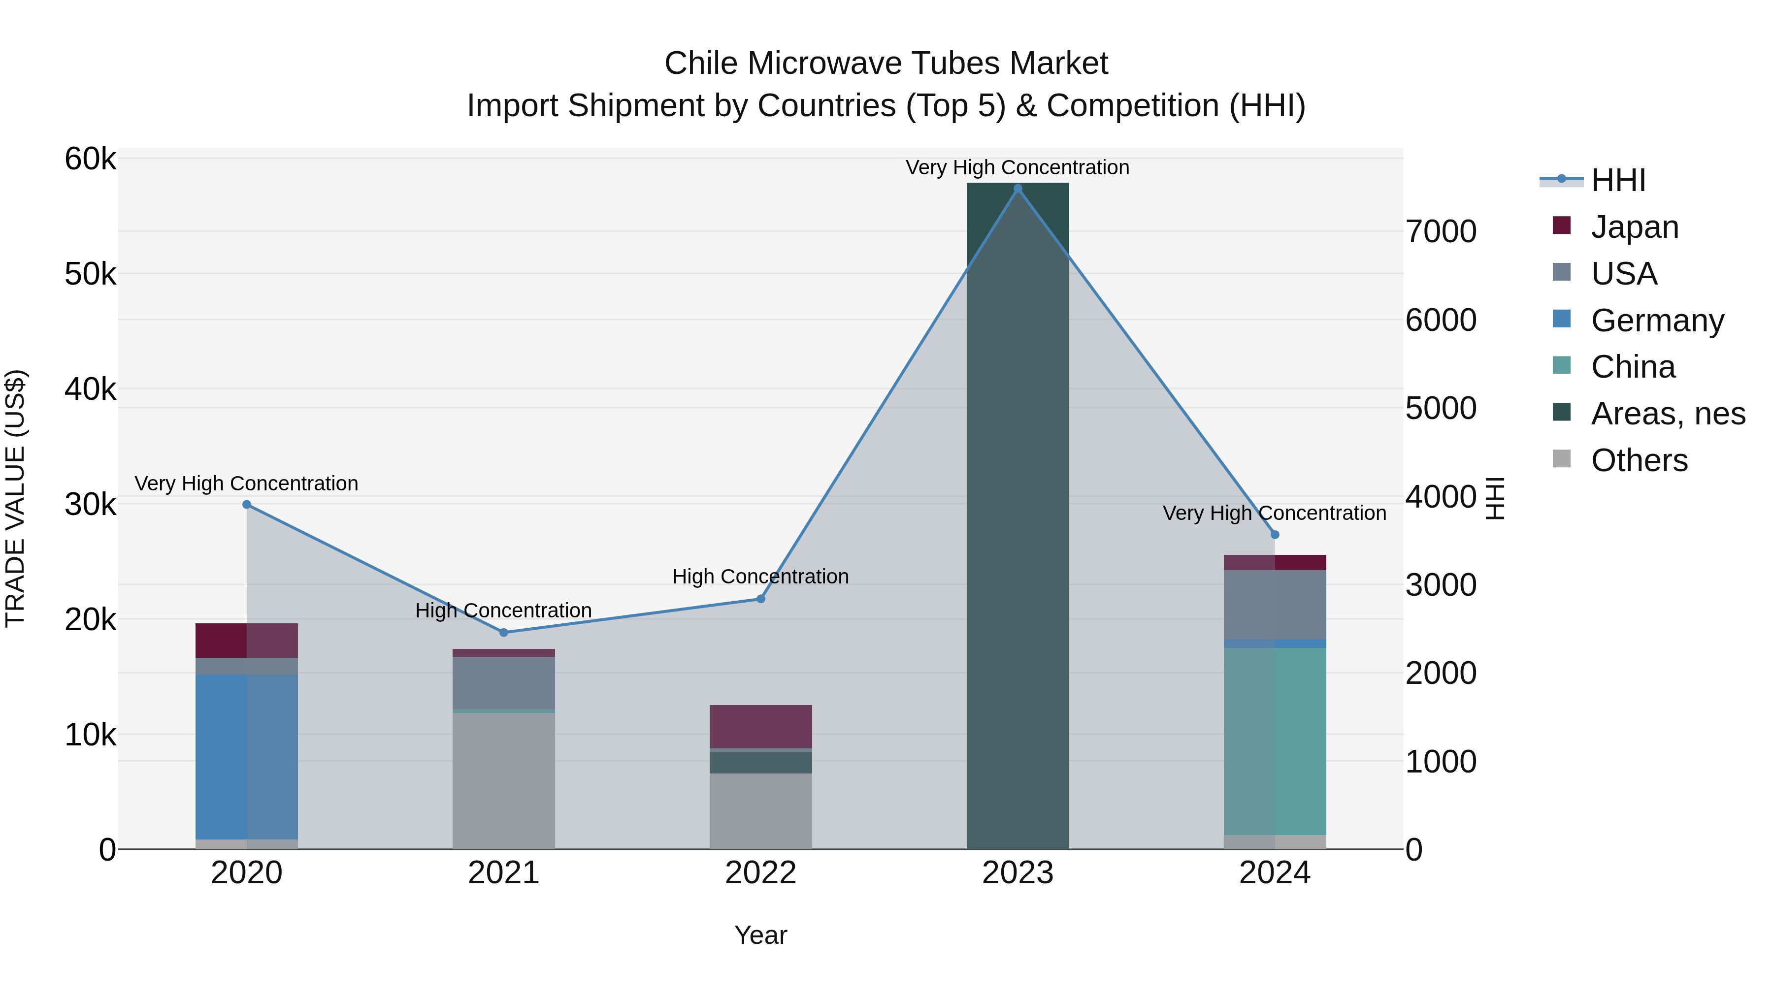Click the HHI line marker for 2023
1018,189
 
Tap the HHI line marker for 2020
246,504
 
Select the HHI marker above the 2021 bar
503,632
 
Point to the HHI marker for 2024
1275,535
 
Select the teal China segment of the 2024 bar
1275,740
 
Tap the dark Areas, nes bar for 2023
1018,516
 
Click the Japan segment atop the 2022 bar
760,726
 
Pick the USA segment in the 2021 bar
503,682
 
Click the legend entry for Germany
1657,321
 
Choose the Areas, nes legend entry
1667,414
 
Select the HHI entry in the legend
1617,180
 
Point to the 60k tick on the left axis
90,159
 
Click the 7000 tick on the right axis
1441,232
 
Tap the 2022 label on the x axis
760,873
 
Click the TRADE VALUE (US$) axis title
16,498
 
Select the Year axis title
760,935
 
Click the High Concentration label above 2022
760,576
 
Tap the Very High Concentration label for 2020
246,483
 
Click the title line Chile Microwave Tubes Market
886,64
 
